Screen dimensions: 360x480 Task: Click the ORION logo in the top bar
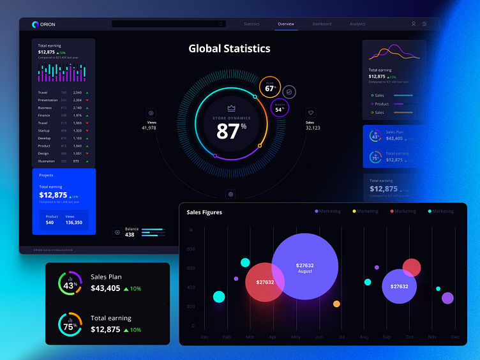tap(43, 24)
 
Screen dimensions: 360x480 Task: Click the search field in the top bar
tap(169, 24)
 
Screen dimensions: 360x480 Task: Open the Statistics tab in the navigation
tap(251, 24)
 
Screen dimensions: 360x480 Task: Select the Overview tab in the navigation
tap(286, 24)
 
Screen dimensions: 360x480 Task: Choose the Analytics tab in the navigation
tap(357, 24)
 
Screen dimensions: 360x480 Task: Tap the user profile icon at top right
tap(413, 24)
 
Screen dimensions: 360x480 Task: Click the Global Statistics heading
tap(229, 49)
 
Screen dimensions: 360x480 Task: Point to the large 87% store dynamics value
tap(231, 131)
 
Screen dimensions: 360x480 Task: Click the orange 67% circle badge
tap(270, 87)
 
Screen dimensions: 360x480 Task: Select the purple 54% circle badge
tap(280, 108)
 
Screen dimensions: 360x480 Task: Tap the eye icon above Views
tap(151, 112)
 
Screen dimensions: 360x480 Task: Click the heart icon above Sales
tap(311, 112)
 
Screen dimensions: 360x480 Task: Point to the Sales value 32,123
tap(313, 128)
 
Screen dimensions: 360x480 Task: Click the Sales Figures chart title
tap(204, 212)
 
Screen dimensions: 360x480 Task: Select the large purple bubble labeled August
tap(304, 267)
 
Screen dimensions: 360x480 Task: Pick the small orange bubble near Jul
tap(336, 304)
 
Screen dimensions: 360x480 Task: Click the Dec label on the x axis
tap(454, 336)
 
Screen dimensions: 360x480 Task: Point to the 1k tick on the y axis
tap(190, 230)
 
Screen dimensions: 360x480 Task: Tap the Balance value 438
tap(130, 235)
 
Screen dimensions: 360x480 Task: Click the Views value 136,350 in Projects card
tap(73, 223)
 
